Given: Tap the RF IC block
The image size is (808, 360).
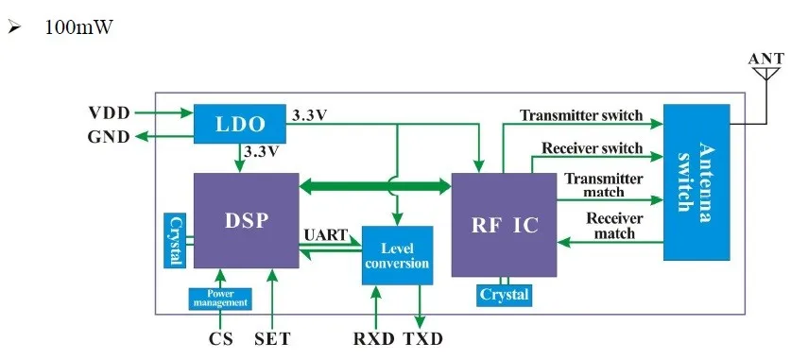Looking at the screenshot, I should pyautogui.click(x=503, y=225).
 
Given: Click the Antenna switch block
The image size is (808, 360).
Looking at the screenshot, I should pyautogui.click(x=697, y=182).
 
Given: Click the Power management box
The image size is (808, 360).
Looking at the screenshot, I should pyautogui.click(x=220, y=299).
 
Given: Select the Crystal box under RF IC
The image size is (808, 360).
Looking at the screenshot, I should pyautogui.click(x=503, y=295).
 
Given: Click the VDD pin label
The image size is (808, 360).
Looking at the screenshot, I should pyautogui.click(x=109, y=112).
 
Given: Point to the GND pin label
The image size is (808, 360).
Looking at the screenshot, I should pyautogui.click(x=109, y=137).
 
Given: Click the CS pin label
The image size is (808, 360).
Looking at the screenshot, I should pyautogui.click(x=219, y=338).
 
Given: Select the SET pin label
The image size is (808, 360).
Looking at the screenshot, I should pyautogui.click(x=272, y=338).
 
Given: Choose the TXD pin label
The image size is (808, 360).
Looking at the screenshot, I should pyautogui.click(x=422, y=338).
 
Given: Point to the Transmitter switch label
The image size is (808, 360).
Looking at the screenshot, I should pyautogui.click(x=581, y=115).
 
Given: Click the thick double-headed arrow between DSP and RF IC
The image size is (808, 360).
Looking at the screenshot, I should pyautogui.click(x=375, y=186).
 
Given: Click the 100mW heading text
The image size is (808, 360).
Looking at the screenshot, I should pyautogui.click(x=78, y=27).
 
